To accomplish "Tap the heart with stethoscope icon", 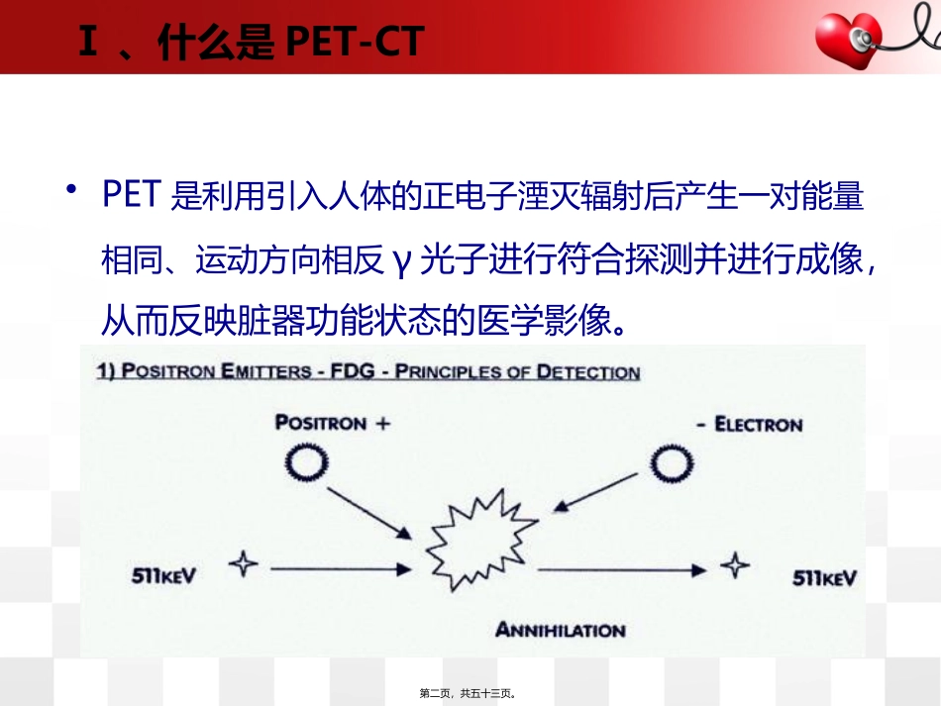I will pyautogui.click(x=853, y=38).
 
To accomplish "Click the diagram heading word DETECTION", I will pyautogui.click(x=587, y=373).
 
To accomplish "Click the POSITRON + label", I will pyautogui.click(x=332, y=424).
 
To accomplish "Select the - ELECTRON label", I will pyautogui.click(x=748, y=425).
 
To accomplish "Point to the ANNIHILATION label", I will pyautogui.click(x=561, y=630).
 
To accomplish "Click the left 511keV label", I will pyautogui.click(x=163, y=575).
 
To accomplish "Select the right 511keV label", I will pyautogui.click(x=825, y=576).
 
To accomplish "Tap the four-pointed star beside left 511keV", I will pyautogui.click(x=243, y=565).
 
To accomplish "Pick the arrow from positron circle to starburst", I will pyautogui.click(x=372, y=511).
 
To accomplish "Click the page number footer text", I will pyautogui.click(x=470, y=694).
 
